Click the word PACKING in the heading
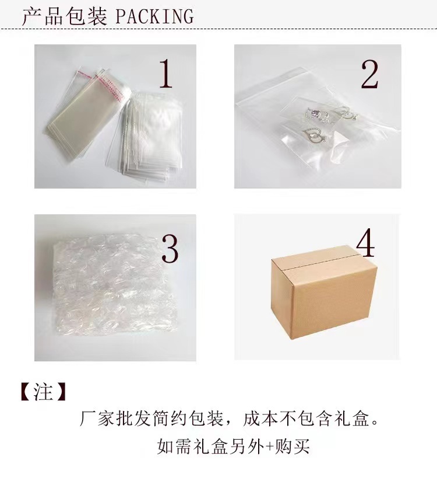tap(154, 16)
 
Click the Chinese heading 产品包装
tap(64, 16)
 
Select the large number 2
tap(370, 75)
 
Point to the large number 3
tap(169, 248)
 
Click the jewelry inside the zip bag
tap(318, 126)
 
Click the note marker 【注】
tap(43, 392)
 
